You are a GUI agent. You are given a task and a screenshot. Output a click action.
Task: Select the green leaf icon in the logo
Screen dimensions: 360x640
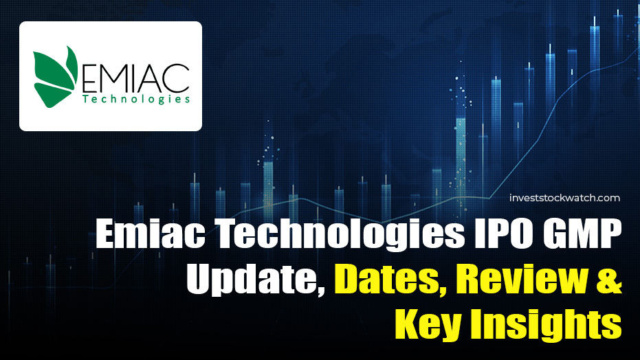pos(58,76)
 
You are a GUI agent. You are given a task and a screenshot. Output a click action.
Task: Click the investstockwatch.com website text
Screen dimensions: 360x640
pos(564,198)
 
